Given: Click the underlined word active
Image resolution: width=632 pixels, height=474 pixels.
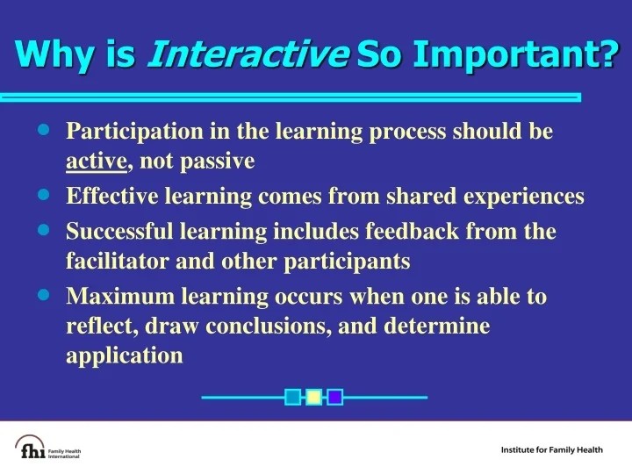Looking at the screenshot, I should click(x=97, y=162).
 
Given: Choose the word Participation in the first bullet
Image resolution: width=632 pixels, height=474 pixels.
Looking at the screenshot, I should click(x=134, y=132).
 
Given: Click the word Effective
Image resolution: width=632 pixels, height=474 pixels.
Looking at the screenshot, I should click(x=108, y=197).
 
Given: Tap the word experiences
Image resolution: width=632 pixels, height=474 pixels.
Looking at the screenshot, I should click(x=526, y=197).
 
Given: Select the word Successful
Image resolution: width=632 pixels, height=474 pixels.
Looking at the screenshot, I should click(x=118, y=232).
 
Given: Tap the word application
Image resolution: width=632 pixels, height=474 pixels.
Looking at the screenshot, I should click(x=125, y=355).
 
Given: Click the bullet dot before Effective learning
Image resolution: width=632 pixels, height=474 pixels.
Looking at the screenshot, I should click(x=45, y=195).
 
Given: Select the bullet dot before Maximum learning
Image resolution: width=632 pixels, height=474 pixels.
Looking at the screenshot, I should click(x=45, y=295).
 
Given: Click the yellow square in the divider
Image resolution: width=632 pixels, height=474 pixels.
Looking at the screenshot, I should click(x=313, y=397).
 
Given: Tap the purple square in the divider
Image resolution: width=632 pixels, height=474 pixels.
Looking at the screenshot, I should click(x=334, y=397).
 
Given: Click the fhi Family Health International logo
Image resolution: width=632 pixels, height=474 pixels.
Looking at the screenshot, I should click(x=49, y=448).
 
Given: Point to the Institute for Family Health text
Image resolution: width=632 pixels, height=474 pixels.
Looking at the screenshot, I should click(x=551, y=450).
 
